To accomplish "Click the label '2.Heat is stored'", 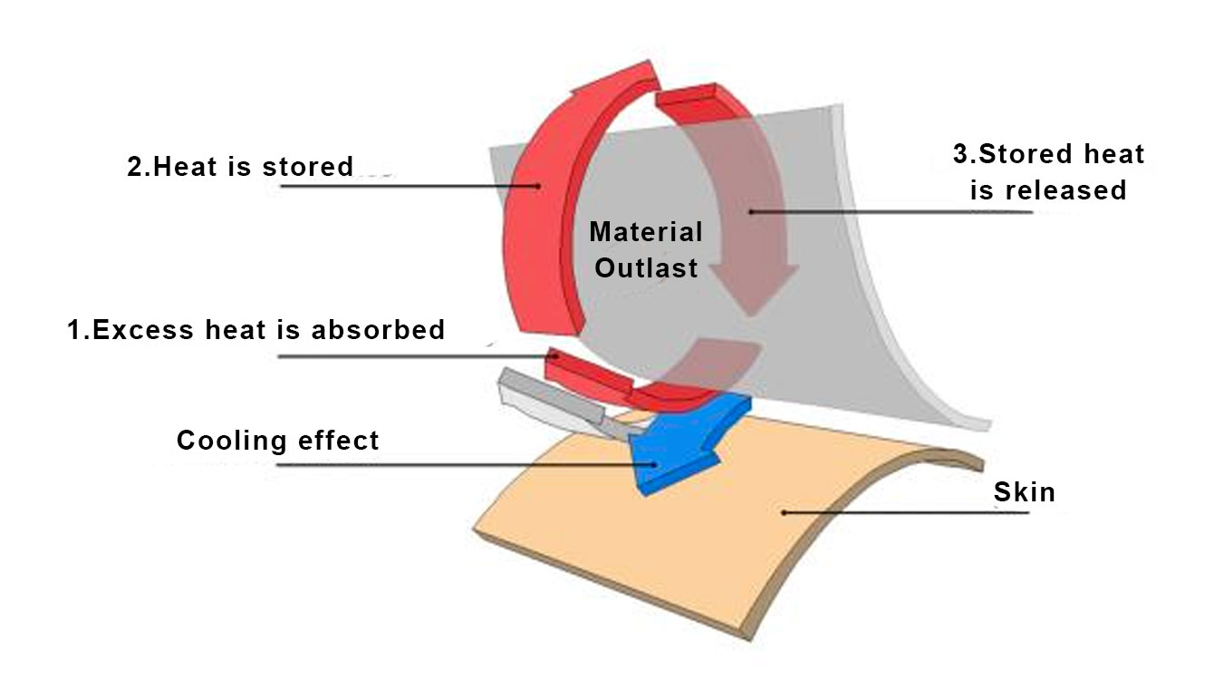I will click(x=240, y=167).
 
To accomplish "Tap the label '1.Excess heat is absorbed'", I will click(x=256, y=330).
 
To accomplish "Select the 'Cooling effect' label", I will click(x=277, y=442).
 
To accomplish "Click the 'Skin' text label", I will click(x=1024, y=493).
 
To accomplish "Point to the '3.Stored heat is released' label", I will click(x=1048, y=171).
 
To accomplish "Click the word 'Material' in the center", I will click(x=645, y=232).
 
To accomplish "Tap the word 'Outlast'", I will click(x=646, y=268).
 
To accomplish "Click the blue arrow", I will click(x=679, y=445).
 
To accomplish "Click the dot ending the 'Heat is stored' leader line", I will click(x=538, y=186).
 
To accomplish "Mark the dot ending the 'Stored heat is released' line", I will click(x=751, y=211).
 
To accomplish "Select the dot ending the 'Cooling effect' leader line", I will click(x=641, y=465).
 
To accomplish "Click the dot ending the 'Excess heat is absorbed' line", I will click(x=555, y=356).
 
